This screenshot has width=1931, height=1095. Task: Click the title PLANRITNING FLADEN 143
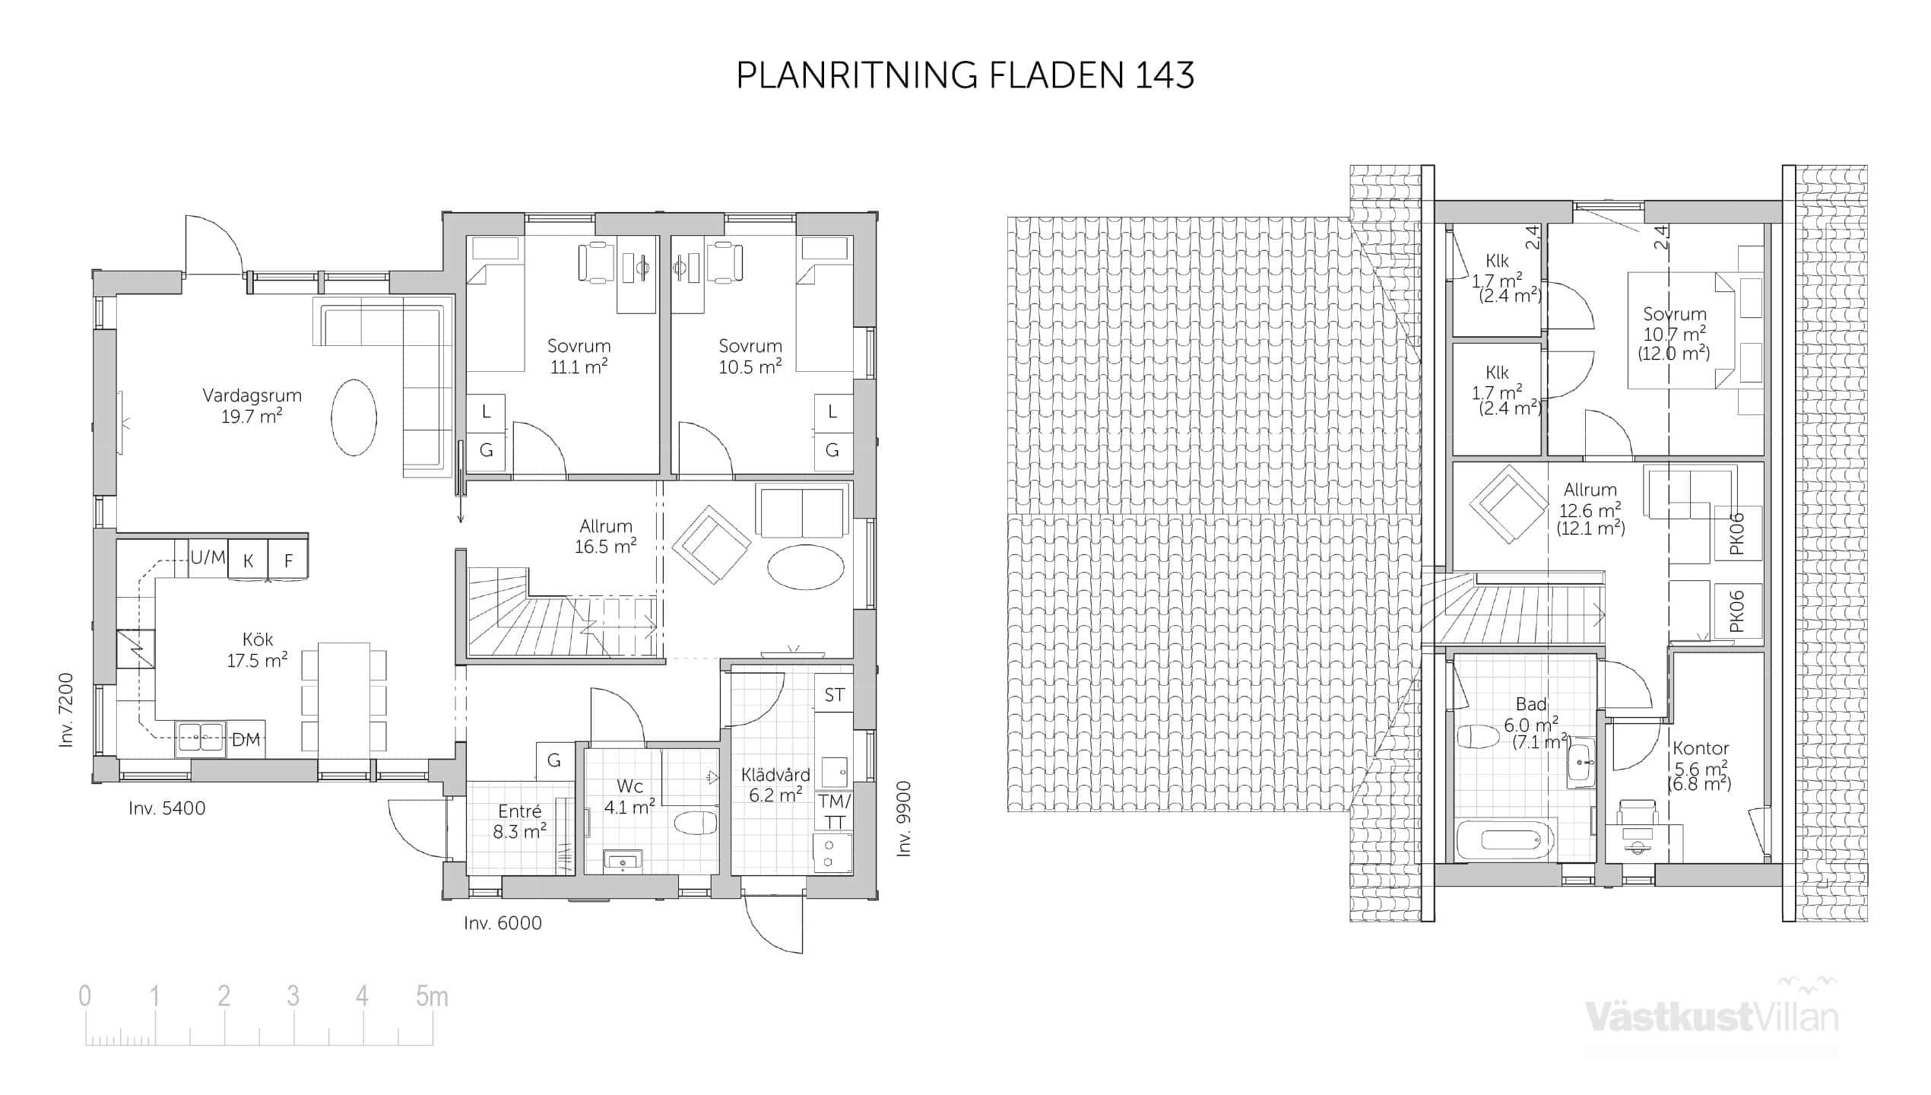point(965,75)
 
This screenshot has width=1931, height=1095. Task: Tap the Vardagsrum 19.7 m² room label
point(252,406)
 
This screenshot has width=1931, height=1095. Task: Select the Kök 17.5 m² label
point(257,650)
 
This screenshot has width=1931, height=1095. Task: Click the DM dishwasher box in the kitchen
point(246,739)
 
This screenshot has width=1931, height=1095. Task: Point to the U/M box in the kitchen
point(208,557)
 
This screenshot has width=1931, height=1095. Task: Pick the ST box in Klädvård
point(834,694)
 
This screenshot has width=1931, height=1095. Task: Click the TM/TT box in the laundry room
point(834,811)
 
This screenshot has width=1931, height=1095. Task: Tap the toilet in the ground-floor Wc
point(696,823)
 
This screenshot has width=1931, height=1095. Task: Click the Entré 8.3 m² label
point(519,822)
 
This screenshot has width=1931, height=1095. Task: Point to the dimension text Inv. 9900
point(903,819)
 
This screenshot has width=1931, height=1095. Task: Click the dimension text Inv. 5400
point(167,808)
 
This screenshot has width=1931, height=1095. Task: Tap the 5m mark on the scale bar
point(432,996)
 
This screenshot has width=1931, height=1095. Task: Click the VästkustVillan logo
point(1711,1014)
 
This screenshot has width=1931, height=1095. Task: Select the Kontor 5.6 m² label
point(1700,766)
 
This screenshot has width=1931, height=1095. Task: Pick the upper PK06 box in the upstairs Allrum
point(1737,535)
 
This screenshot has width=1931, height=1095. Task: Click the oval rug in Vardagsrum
point(354,417)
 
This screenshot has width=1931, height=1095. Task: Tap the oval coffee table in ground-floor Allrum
point(805,567)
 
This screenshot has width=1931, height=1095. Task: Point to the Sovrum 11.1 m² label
point(579,357)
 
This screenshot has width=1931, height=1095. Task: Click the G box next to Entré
point(554,760)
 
